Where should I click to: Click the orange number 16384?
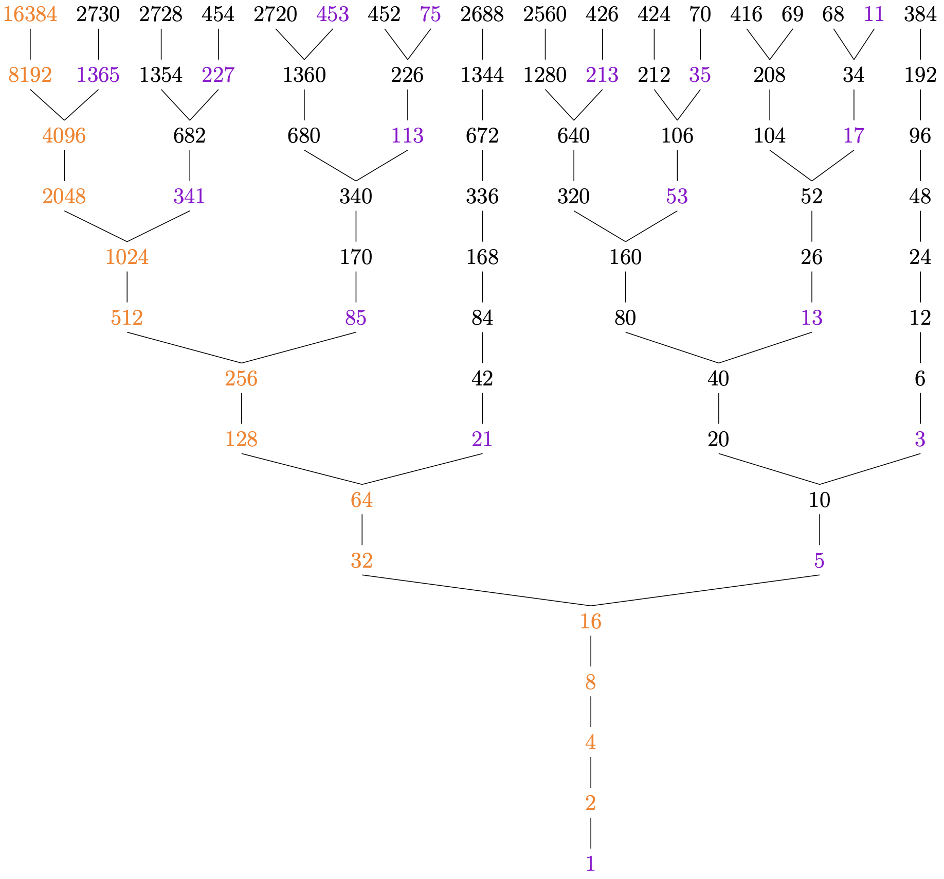pyautogui.click(x=30, y=15)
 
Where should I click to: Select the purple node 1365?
pyautogui.click(x=98, y=76)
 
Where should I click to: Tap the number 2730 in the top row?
pyautogui.click(x=98, y=15)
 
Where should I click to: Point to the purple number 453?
pyautogui.click(x=333, y=15)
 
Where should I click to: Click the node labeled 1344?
pyautogui.click(x=482, y=76)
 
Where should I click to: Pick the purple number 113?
pyautogui.click(x=407, y=136)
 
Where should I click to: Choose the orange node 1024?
pyautogui.click(x=127, y=257)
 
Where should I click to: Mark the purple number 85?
pyautogui.click(x=356, y=318)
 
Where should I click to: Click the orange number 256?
pyautogui.click(x=241, y=379)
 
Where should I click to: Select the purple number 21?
pyautogui.click(x=482, y=439)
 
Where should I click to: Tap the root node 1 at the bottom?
pyautogui.click(x=590, y=864)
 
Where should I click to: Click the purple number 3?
pyautogui.click(x=920, y=439)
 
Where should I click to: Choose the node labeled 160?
pyautogui.click(x=625, y=257)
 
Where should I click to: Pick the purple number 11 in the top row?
pyautogui.click(x=874, y=15)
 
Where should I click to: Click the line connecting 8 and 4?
pyautogui.click(x=590, y=712)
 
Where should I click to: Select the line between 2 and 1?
pyautogui.click(x=590, y=833)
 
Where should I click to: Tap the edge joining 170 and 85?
pyautogui.click(x=356, y=288)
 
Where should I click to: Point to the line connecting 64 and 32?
pyautogui.click(x=362, y=530)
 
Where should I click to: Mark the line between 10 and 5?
pyautogui.click(x=819, y=530)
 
